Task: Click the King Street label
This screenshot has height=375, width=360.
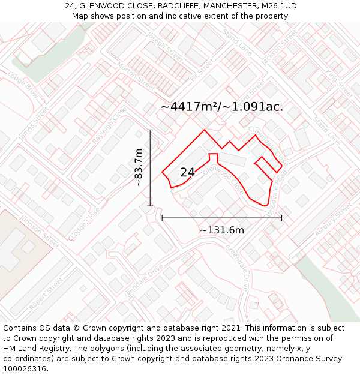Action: click(340, 82)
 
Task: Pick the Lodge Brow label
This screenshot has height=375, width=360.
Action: click(23, 85)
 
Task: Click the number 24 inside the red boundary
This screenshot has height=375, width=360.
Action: click(187, 172)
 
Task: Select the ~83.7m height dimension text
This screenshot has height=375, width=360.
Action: click(139, 167)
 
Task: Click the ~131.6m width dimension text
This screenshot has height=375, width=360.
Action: click(222, 230)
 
